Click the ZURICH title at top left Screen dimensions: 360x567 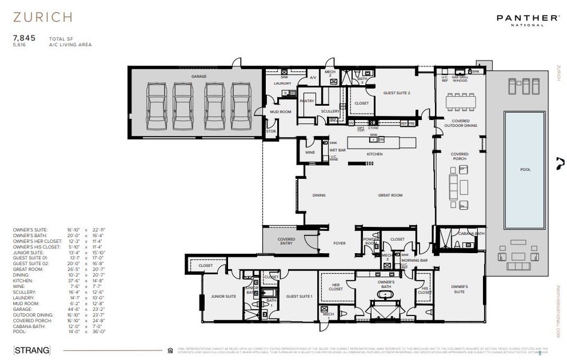[43, 16]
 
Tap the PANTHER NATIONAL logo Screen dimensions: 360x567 [527, 20]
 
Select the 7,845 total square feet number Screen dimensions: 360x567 [24, 37]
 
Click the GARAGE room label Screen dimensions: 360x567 [199, 77]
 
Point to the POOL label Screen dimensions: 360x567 [525, 170]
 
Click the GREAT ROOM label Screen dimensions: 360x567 [389, 195]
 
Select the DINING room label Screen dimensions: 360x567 [319, 195]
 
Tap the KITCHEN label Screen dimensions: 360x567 [374, 154]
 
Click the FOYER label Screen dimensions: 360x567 [340, 243]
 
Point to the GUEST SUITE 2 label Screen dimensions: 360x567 [397, 93]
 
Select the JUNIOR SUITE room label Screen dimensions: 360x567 [222, 296]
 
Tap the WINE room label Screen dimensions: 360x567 [310, 152]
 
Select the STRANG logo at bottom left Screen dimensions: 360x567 [31, 350]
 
